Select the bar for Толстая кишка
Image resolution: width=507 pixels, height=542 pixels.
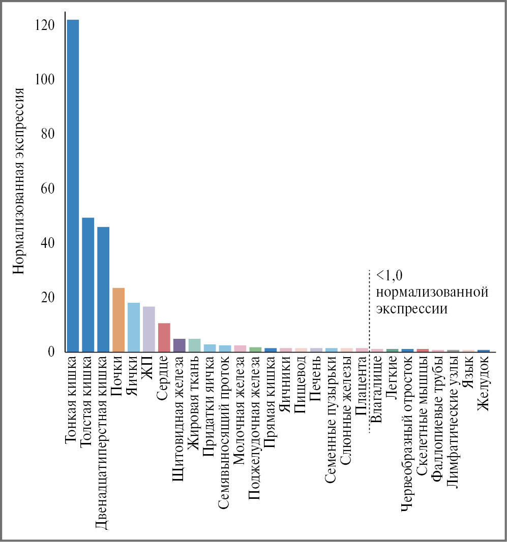coord(88,284)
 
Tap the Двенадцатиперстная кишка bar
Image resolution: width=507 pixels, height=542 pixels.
coord(103,289)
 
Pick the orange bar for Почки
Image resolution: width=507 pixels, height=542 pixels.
coord(118,320)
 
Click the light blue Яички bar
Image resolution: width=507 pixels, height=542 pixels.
coord(134,327)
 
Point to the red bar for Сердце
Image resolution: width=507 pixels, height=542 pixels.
coord(164,337)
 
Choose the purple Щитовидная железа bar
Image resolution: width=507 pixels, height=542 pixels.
coord(180,345)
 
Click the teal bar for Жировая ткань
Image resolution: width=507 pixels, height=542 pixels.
coord(195,345)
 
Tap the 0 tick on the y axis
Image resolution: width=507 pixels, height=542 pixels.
coord(51,352)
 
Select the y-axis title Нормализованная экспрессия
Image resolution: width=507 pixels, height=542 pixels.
coord(19,181)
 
